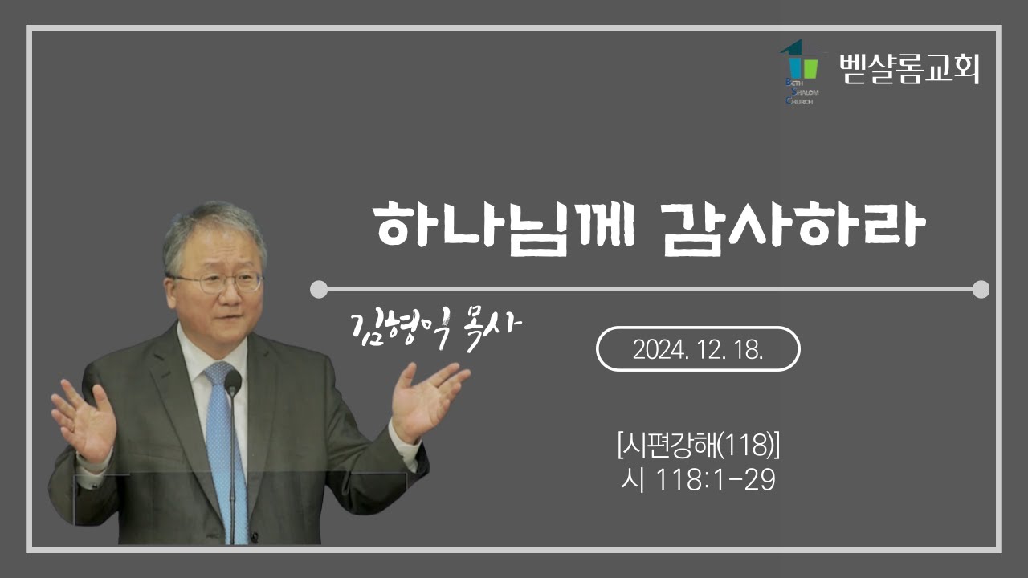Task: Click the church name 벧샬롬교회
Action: click(x=908, y=69)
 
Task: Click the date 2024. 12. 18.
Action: click(x=697, y=349)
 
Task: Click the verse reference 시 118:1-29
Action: click(x=697, y=480)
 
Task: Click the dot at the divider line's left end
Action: click(x=319, y=289)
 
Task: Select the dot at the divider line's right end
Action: click(x=981, y=289)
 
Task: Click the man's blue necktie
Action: click(x=219, y=433)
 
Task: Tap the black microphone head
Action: click(x=233, y=383)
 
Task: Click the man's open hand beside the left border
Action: click(x=84, y=417)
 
